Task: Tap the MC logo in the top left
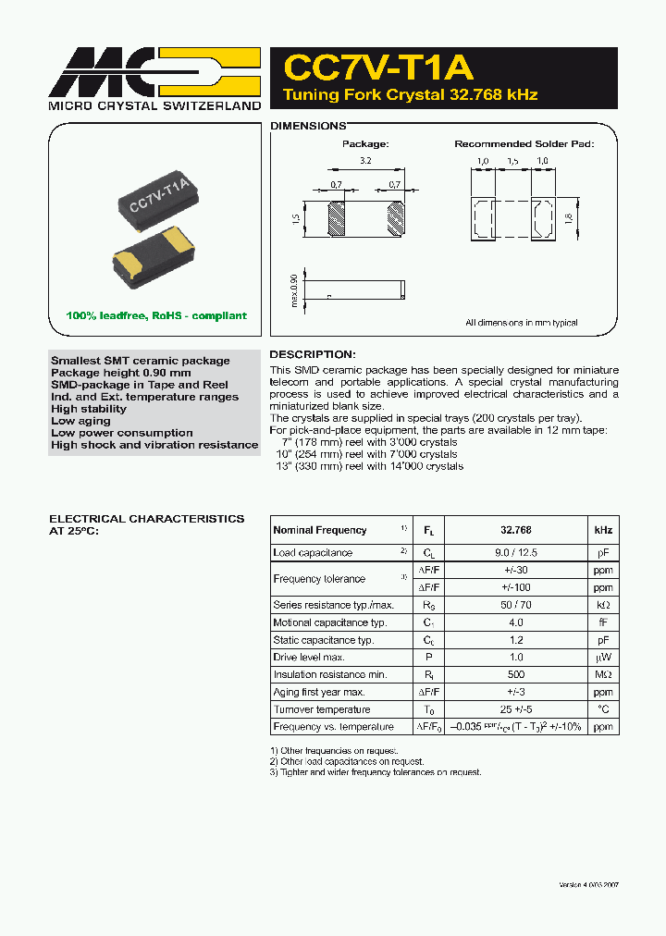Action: coord(154,72)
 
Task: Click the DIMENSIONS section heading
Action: coord(307,126)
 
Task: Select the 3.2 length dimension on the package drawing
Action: coord(366,161)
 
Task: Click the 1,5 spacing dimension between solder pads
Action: coord(512,162)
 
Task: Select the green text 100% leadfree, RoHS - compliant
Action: coord(156,315)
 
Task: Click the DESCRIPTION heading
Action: coord(312,354)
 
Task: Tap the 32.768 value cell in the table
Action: coord(516,530)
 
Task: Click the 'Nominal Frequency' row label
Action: coord(320,530)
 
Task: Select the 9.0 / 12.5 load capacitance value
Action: coord(516,553)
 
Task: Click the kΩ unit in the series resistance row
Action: coord(602,605)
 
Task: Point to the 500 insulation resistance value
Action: coord(516,675)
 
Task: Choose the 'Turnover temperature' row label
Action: coord(322,709)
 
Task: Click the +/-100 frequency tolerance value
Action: coord(516,587)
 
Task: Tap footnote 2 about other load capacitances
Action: coord(347,761)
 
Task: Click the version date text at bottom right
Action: coord(588,885)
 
